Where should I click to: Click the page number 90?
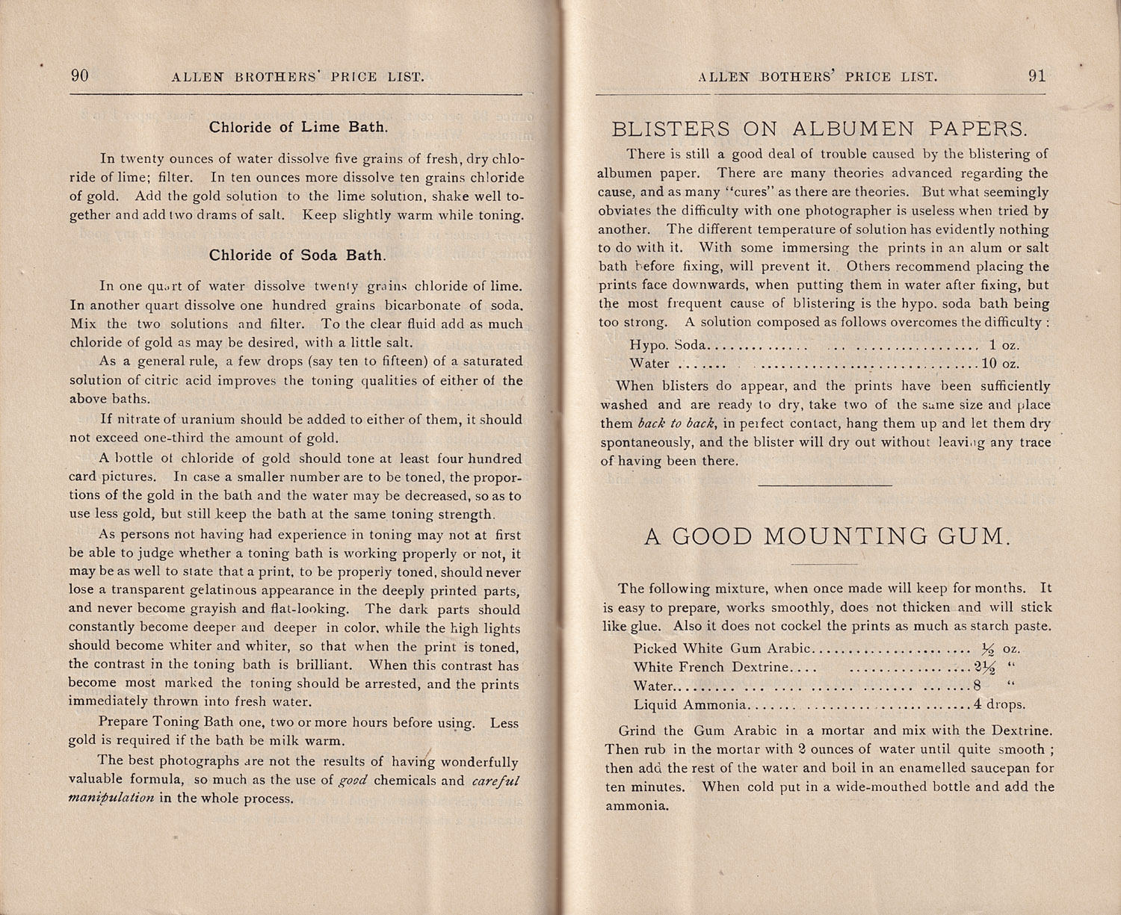tap(79, 75)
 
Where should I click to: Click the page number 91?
tap(1037, 75)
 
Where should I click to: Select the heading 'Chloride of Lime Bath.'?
tap(298, 127)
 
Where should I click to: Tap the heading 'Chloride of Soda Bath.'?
tap(297, 255)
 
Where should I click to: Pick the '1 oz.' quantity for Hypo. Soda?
tap(1004, 345)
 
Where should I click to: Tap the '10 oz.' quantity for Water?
tap(1001, 365)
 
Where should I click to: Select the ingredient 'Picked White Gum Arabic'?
tap(722, 648)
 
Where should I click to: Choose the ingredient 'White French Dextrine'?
tap(711, 667)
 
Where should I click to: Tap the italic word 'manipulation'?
tap(111, 798)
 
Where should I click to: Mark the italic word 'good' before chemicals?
tap(353, 781)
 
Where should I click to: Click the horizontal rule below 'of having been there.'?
tap(824, 486)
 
